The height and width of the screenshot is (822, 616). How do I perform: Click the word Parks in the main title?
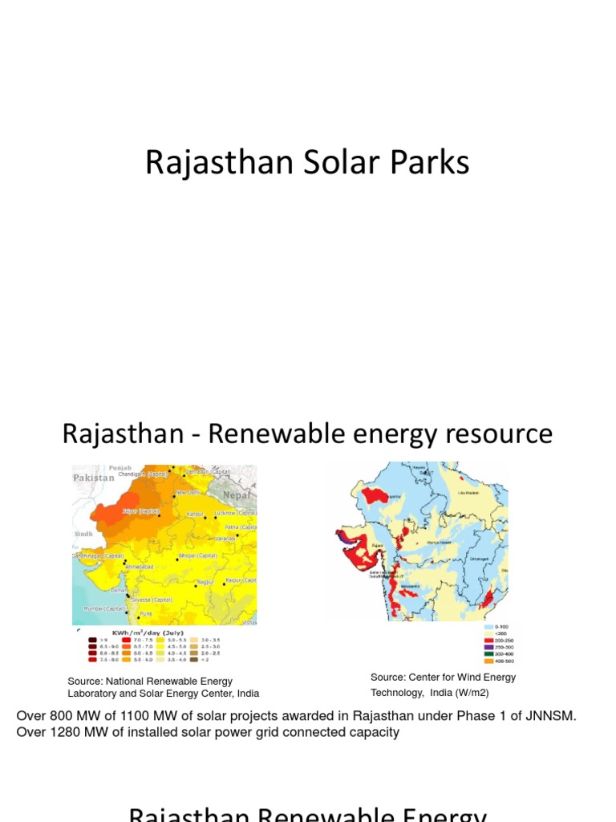(x=428, y=163)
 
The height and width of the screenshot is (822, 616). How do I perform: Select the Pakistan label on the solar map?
(x=94, y=478)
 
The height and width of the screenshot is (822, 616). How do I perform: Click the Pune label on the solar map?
(x=146, y=614)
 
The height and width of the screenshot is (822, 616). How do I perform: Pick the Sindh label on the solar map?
(x=83, y=533)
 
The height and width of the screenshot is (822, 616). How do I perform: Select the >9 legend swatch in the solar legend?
(x=91, y=640)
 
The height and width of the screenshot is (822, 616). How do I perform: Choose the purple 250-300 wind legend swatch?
(x=488, y=647)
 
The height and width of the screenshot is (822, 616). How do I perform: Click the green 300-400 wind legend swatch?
(x=488, y=654)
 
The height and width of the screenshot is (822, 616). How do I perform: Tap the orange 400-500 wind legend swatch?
(x=488, y=661)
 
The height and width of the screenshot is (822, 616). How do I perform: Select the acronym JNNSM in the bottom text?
(x=553, y=715)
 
